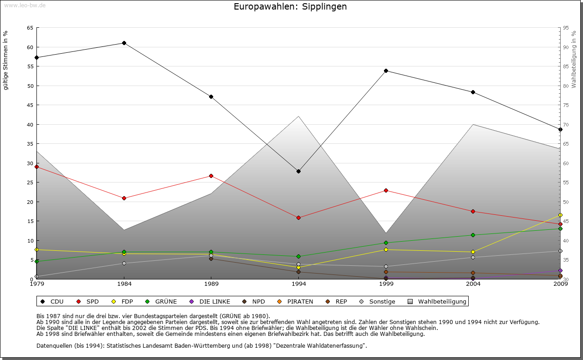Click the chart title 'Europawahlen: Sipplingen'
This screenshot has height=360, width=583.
(290, 6)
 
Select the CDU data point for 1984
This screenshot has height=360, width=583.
(124, 43)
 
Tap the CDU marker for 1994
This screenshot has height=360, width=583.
(298, 171)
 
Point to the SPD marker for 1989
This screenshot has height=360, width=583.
(211, 176)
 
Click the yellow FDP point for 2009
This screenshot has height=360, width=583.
(560, 215)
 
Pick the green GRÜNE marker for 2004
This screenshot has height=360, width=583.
(473, 235)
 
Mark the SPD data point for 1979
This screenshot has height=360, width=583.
(36, 167)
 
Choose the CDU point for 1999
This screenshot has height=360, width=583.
(386, 71)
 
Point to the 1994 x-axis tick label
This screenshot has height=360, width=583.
(299, 284)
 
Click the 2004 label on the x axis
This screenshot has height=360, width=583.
(473, 284)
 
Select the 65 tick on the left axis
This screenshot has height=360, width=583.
(30, 28)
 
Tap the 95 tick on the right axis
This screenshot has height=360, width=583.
(566, 28)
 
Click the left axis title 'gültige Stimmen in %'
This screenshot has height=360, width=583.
(6, 60)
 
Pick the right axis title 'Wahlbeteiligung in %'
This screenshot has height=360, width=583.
(574, 60)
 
